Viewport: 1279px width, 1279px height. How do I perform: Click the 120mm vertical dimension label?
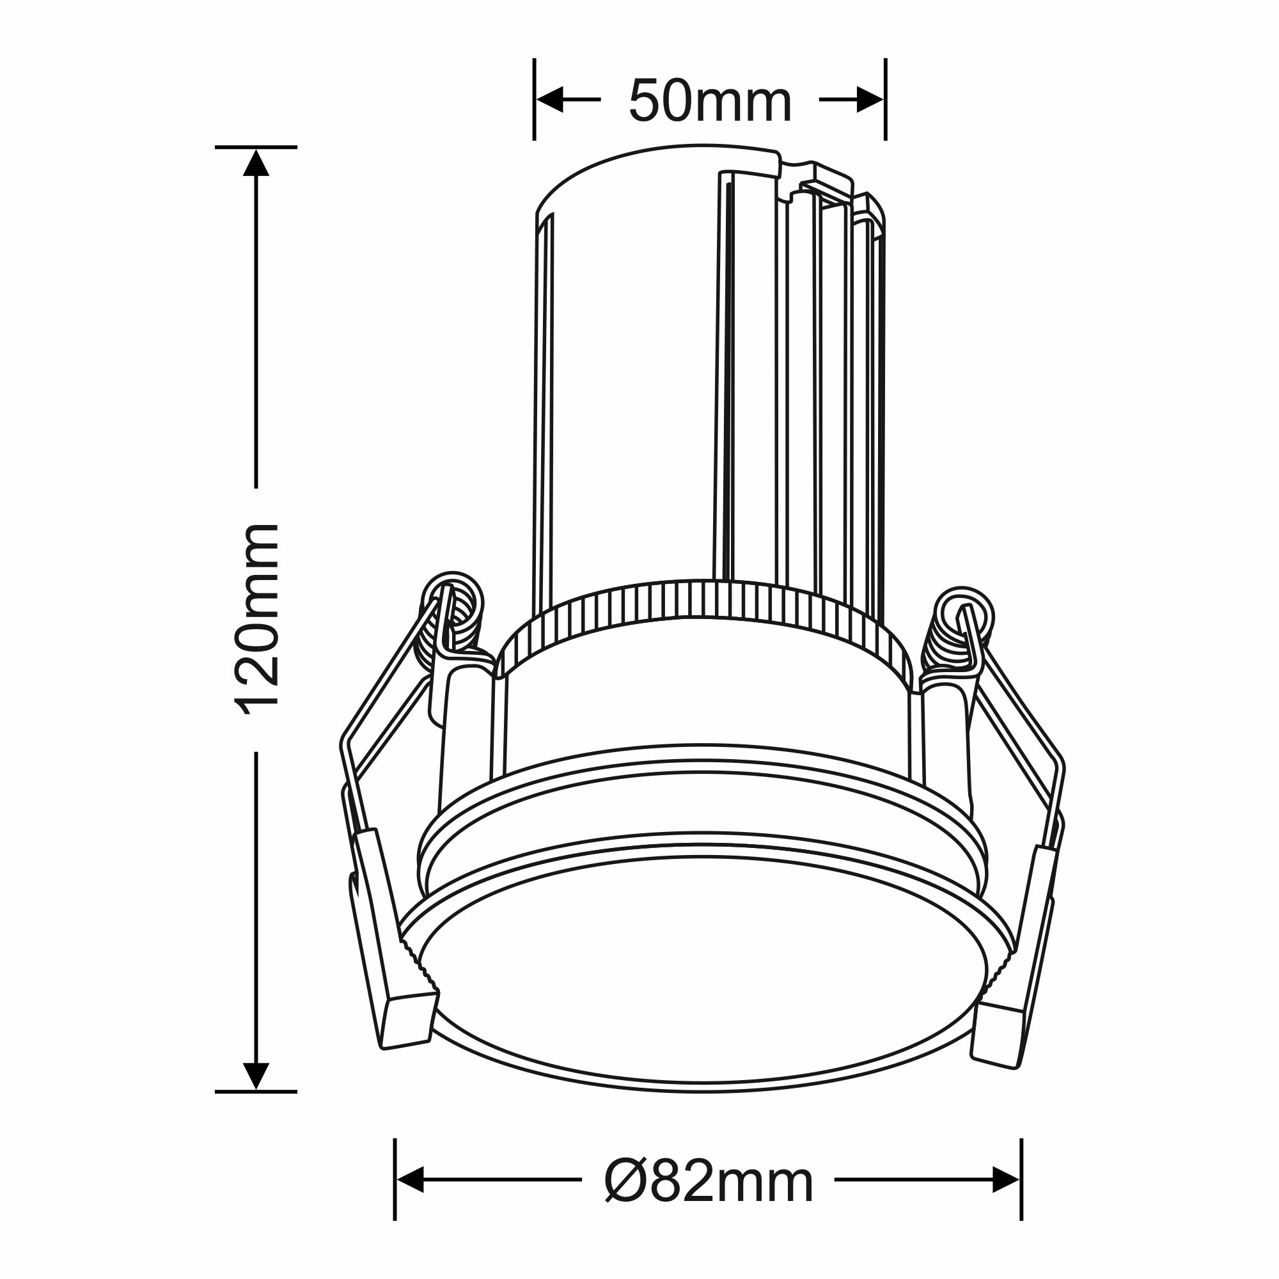tap(257, 620)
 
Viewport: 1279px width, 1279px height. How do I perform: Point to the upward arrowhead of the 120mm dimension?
tap(256, 162)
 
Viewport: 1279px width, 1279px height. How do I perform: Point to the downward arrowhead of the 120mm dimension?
tap(256, 1076)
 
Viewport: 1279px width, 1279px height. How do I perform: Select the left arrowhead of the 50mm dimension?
tap(549, 99)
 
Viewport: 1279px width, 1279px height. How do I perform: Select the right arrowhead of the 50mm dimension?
tap(870, 99)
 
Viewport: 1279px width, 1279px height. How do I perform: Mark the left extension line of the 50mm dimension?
tap(534, 99)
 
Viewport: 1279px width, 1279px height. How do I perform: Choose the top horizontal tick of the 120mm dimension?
tap(256, 146)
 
